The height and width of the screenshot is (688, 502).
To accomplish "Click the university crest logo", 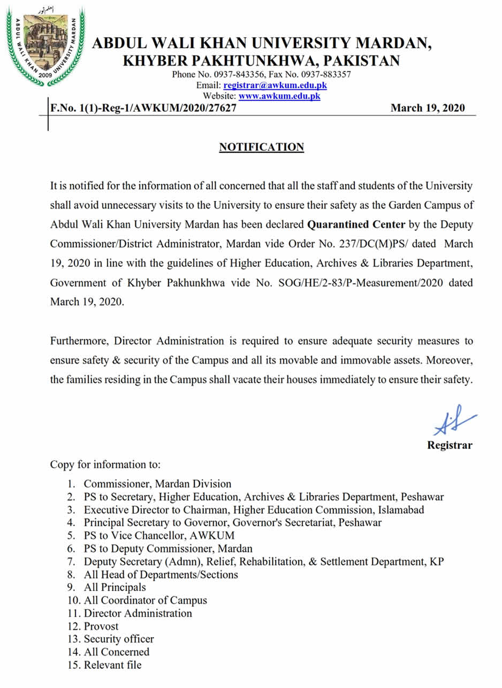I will click(x=45, y=45).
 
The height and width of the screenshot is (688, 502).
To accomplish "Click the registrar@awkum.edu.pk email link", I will click(x=275, y=85).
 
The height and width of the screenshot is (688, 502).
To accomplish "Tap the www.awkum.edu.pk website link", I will click(x=279, y=96).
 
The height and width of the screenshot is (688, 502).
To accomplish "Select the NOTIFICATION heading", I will click(x=261, y=147).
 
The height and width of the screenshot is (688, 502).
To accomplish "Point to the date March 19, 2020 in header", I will click(x=428, y=108).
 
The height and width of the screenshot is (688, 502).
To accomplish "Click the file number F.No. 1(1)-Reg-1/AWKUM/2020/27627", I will click(x=143, y=108).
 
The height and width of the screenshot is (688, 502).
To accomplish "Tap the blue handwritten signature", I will click(x=453, y=420).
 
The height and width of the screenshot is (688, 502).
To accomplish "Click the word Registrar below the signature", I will click(x=450, y=445).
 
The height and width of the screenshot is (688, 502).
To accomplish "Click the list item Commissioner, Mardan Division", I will click(x=157, y=484).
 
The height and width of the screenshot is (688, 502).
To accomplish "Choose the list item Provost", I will click(x=101, y=626).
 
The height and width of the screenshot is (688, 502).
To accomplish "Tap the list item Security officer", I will click(x=118, y=639).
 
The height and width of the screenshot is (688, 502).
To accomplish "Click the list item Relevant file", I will click(x=112, y=665).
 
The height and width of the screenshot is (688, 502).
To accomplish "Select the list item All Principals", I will click(x=115, y=587).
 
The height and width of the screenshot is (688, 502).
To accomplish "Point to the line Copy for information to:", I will click(x=105, y=464).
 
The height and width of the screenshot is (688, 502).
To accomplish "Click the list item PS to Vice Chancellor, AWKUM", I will click(x=159, y=535).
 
